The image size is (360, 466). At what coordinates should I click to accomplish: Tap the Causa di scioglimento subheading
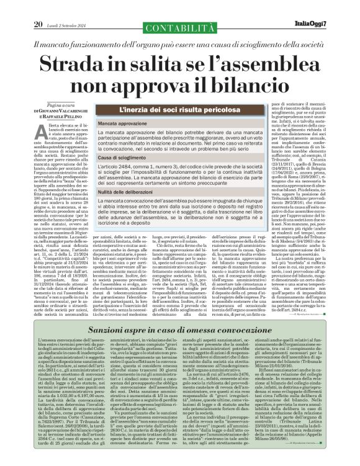(123, 159)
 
